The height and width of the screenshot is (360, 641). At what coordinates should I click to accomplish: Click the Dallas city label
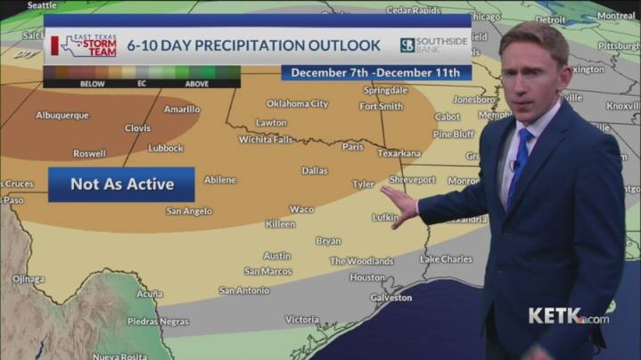(x=314, y=170)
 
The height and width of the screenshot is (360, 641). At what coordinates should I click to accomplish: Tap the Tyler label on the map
(x=363, y=184)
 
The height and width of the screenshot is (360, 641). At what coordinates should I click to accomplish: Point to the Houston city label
(x=367, y=277)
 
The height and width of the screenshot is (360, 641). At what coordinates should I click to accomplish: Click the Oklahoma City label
(x=298, y=103)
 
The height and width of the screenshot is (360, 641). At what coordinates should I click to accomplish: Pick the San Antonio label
(x=243, y=290)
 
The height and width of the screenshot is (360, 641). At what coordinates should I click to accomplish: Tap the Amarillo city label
(x=182, y=110)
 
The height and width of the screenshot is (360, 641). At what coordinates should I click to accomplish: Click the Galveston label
(x=391, y=298)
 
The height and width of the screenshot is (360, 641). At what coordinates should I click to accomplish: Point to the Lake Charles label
(x=446, y=259)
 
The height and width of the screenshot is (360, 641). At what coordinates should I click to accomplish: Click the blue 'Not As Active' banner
(x=121, y=184)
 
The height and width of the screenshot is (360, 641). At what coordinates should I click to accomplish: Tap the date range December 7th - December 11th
(x=375, y=72)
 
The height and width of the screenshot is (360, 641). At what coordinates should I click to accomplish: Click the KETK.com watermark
(x=568, y=316)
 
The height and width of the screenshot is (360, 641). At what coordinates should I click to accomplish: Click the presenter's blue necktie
(x=519, y=160)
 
